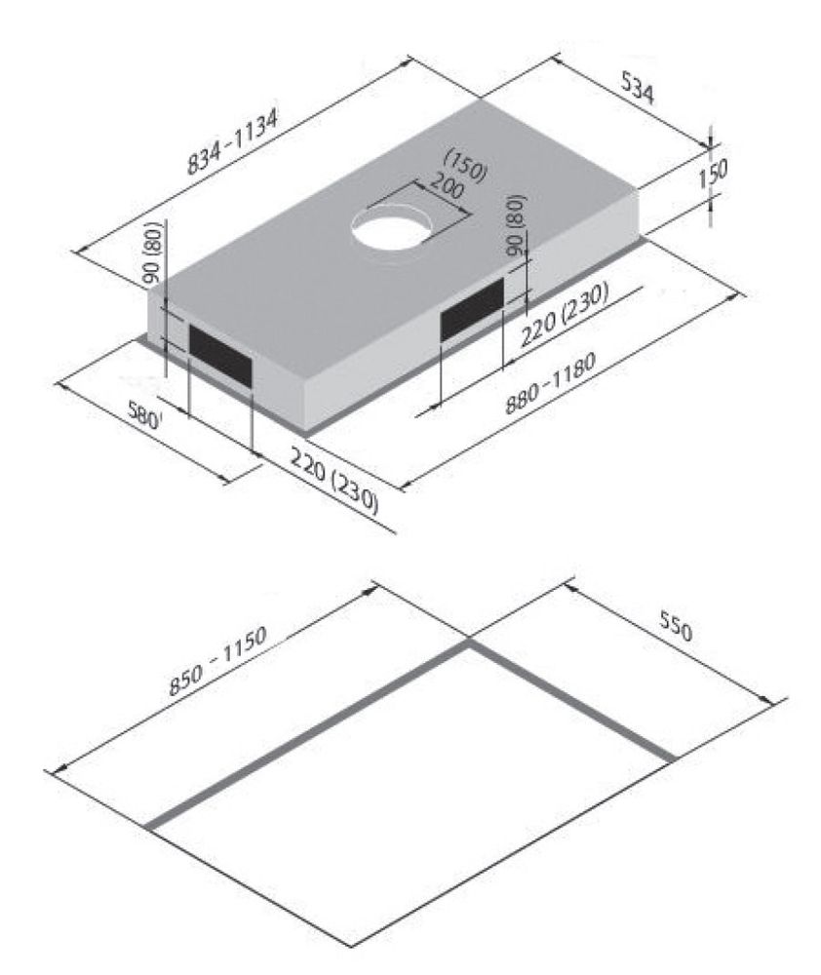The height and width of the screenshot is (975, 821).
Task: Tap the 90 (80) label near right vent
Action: coord(515,227)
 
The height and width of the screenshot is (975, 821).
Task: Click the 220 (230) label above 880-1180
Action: coord(565,316)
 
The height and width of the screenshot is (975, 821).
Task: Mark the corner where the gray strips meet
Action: coord(469,643)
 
